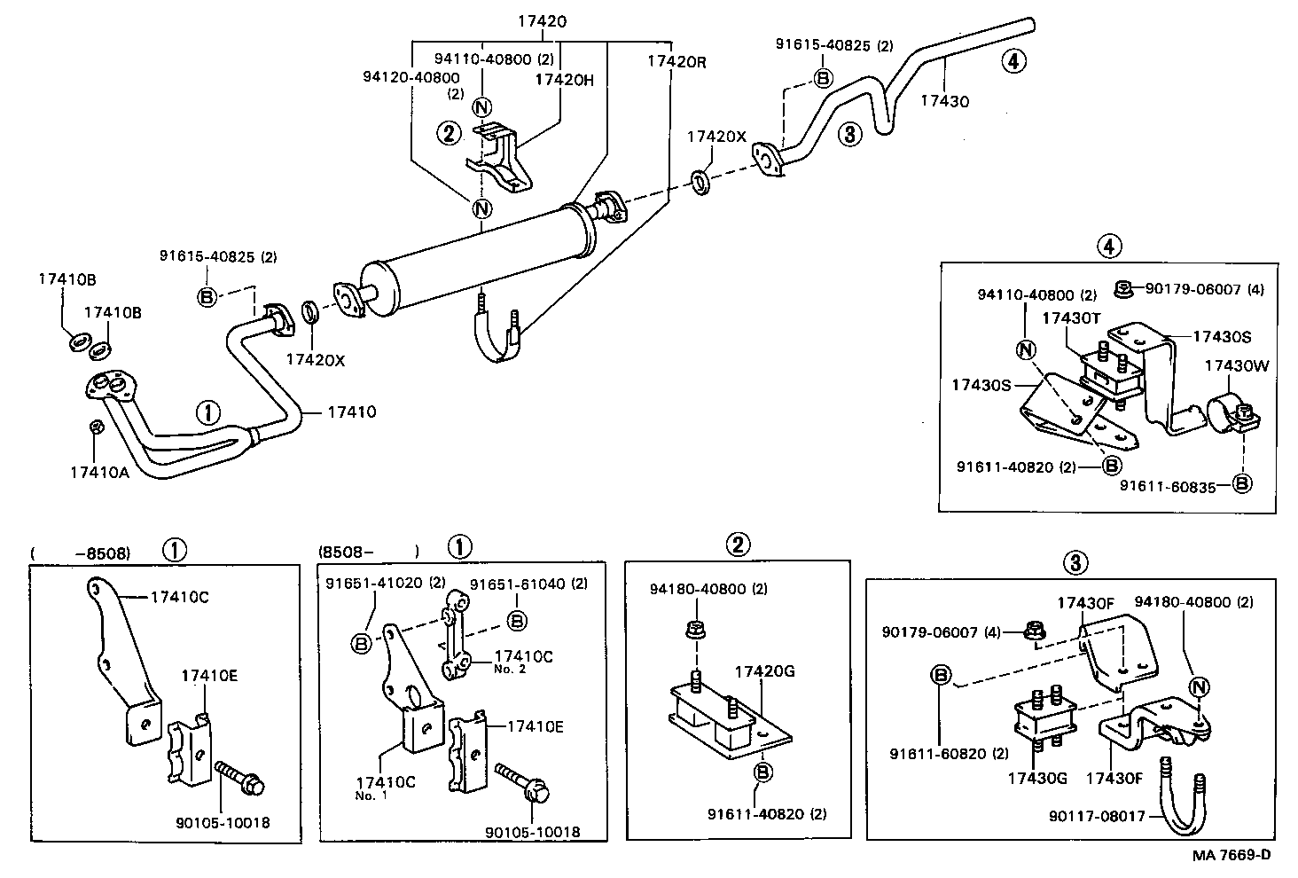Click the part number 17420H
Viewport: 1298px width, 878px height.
(x=563, y=80)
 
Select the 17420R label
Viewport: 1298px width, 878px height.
(x=676, y=61)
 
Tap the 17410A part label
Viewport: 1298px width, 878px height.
(x=99, y=472)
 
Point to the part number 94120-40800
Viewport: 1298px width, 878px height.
(x=411, y=78)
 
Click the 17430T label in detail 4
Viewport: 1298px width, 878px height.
(x=1071, y=317)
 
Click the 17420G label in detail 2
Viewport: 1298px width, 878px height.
(x=764, y=671)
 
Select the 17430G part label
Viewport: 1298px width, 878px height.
(x=1036, y=779)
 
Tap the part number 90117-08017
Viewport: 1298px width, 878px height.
(x=1097, y=816)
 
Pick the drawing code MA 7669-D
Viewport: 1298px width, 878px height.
(x=1231, y=855)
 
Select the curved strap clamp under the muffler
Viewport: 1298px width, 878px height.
(x=497, y=341)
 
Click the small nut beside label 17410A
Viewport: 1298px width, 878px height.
(x=98, y=427)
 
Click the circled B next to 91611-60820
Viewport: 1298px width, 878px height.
(x=940, y=675)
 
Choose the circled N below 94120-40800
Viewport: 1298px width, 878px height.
(x=481, y=209)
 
